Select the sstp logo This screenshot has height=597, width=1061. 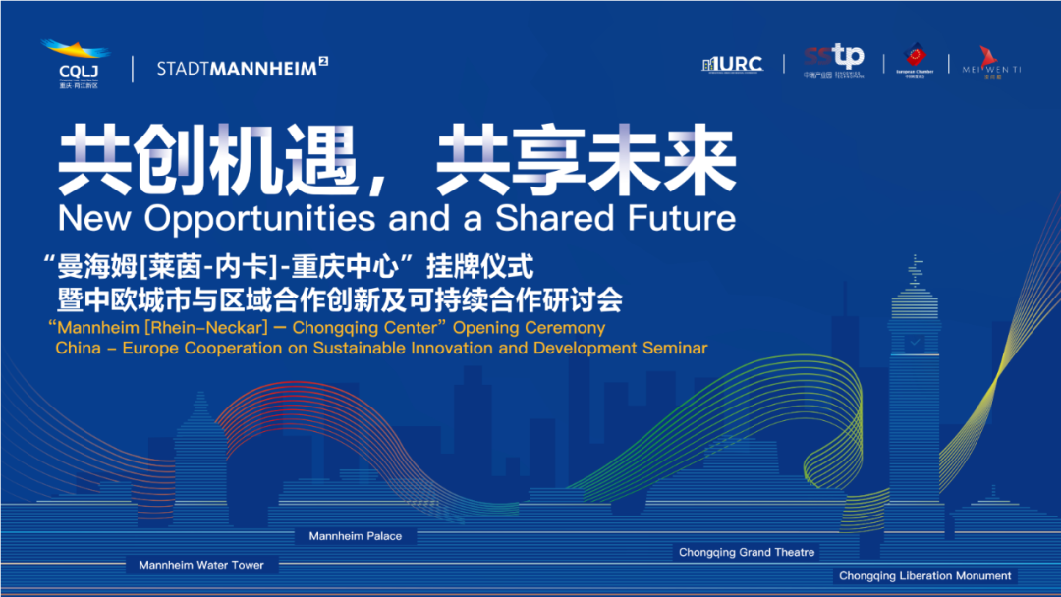pyautogui.click(x=833, y=61)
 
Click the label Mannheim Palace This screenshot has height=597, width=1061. pyautogui.click(x=355, y=536)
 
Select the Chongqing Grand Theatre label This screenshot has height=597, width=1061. pyautogui.click(x=747, y=552)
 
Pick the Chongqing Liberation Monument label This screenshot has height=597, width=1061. pyautogui.click(x=924, y=575)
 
